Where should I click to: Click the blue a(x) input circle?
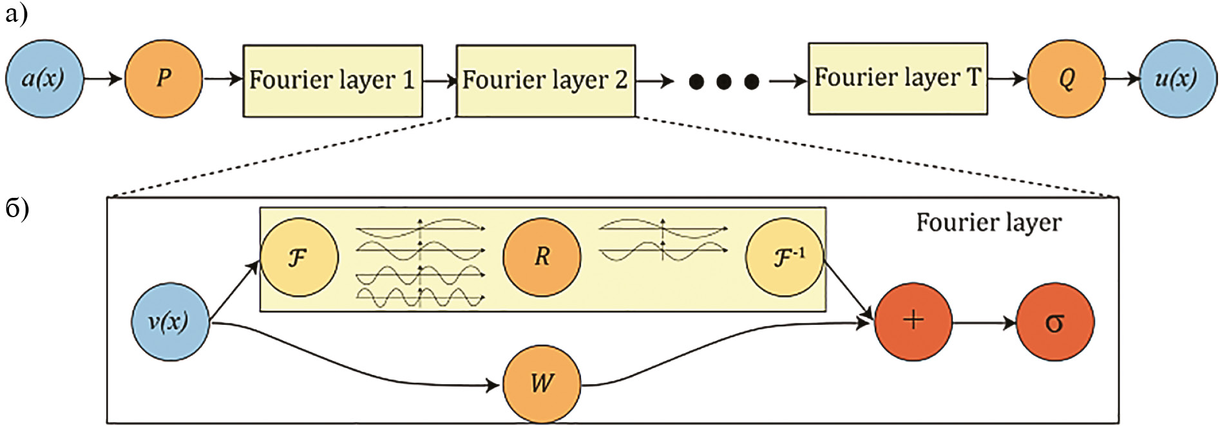(44, 79)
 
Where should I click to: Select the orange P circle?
(164, 79)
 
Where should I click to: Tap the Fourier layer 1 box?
(332, 81)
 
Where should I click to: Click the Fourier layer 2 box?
(546, 81)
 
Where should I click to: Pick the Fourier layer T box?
(898, 79)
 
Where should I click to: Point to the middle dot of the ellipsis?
(724, 81)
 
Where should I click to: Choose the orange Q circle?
(1066, 79)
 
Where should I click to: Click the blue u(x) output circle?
(1177, 79)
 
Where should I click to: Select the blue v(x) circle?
(169, 321)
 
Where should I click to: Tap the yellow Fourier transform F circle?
(299, 257)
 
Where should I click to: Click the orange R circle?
(542, 257)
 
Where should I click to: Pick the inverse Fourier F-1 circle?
(785, 257)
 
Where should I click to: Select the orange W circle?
(542, 384)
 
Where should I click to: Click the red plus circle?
(913, 321)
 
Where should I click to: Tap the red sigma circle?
(1054, 322)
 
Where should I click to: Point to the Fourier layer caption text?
(989, 222)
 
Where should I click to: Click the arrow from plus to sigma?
(984, 323)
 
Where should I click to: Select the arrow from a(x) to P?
(103, 79)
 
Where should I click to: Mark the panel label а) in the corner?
(16, 14)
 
